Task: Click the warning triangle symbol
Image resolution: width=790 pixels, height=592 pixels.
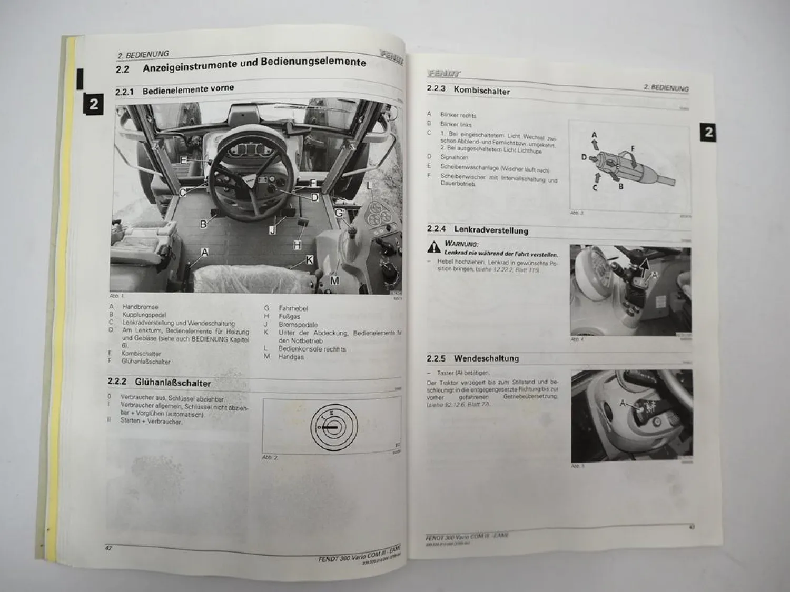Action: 434,247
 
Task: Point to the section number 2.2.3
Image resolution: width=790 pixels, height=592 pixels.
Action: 436,89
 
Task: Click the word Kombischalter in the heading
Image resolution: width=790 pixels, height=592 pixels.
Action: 481,91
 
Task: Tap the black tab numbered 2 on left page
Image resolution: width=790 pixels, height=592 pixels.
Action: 93,104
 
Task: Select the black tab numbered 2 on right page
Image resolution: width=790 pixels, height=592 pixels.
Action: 708,132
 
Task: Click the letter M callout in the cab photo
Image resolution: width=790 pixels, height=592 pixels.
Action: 335,281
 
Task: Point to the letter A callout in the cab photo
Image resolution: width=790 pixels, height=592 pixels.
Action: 205,253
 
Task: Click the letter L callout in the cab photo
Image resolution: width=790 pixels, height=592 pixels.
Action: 369,186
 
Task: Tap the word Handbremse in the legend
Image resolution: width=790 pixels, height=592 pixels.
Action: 140,307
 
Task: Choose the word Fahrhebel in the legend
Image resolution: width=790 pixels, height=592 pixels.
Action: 293,308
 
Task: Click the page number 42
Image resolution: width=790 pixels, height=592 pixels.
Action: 108,548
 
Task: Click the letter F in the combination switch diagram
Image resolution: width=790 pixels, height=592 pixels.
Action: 633,149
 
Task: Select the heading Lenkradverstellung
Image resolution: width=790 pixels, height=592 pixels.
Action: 491,230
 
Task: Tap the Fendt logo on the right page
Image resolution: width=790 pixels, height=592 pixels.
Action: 443,74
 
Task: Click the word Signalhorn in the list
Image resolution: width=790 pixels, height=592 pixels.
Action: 454,157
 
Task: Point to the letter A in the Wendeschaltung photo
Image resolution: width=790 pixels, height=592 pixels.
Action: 623,403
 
